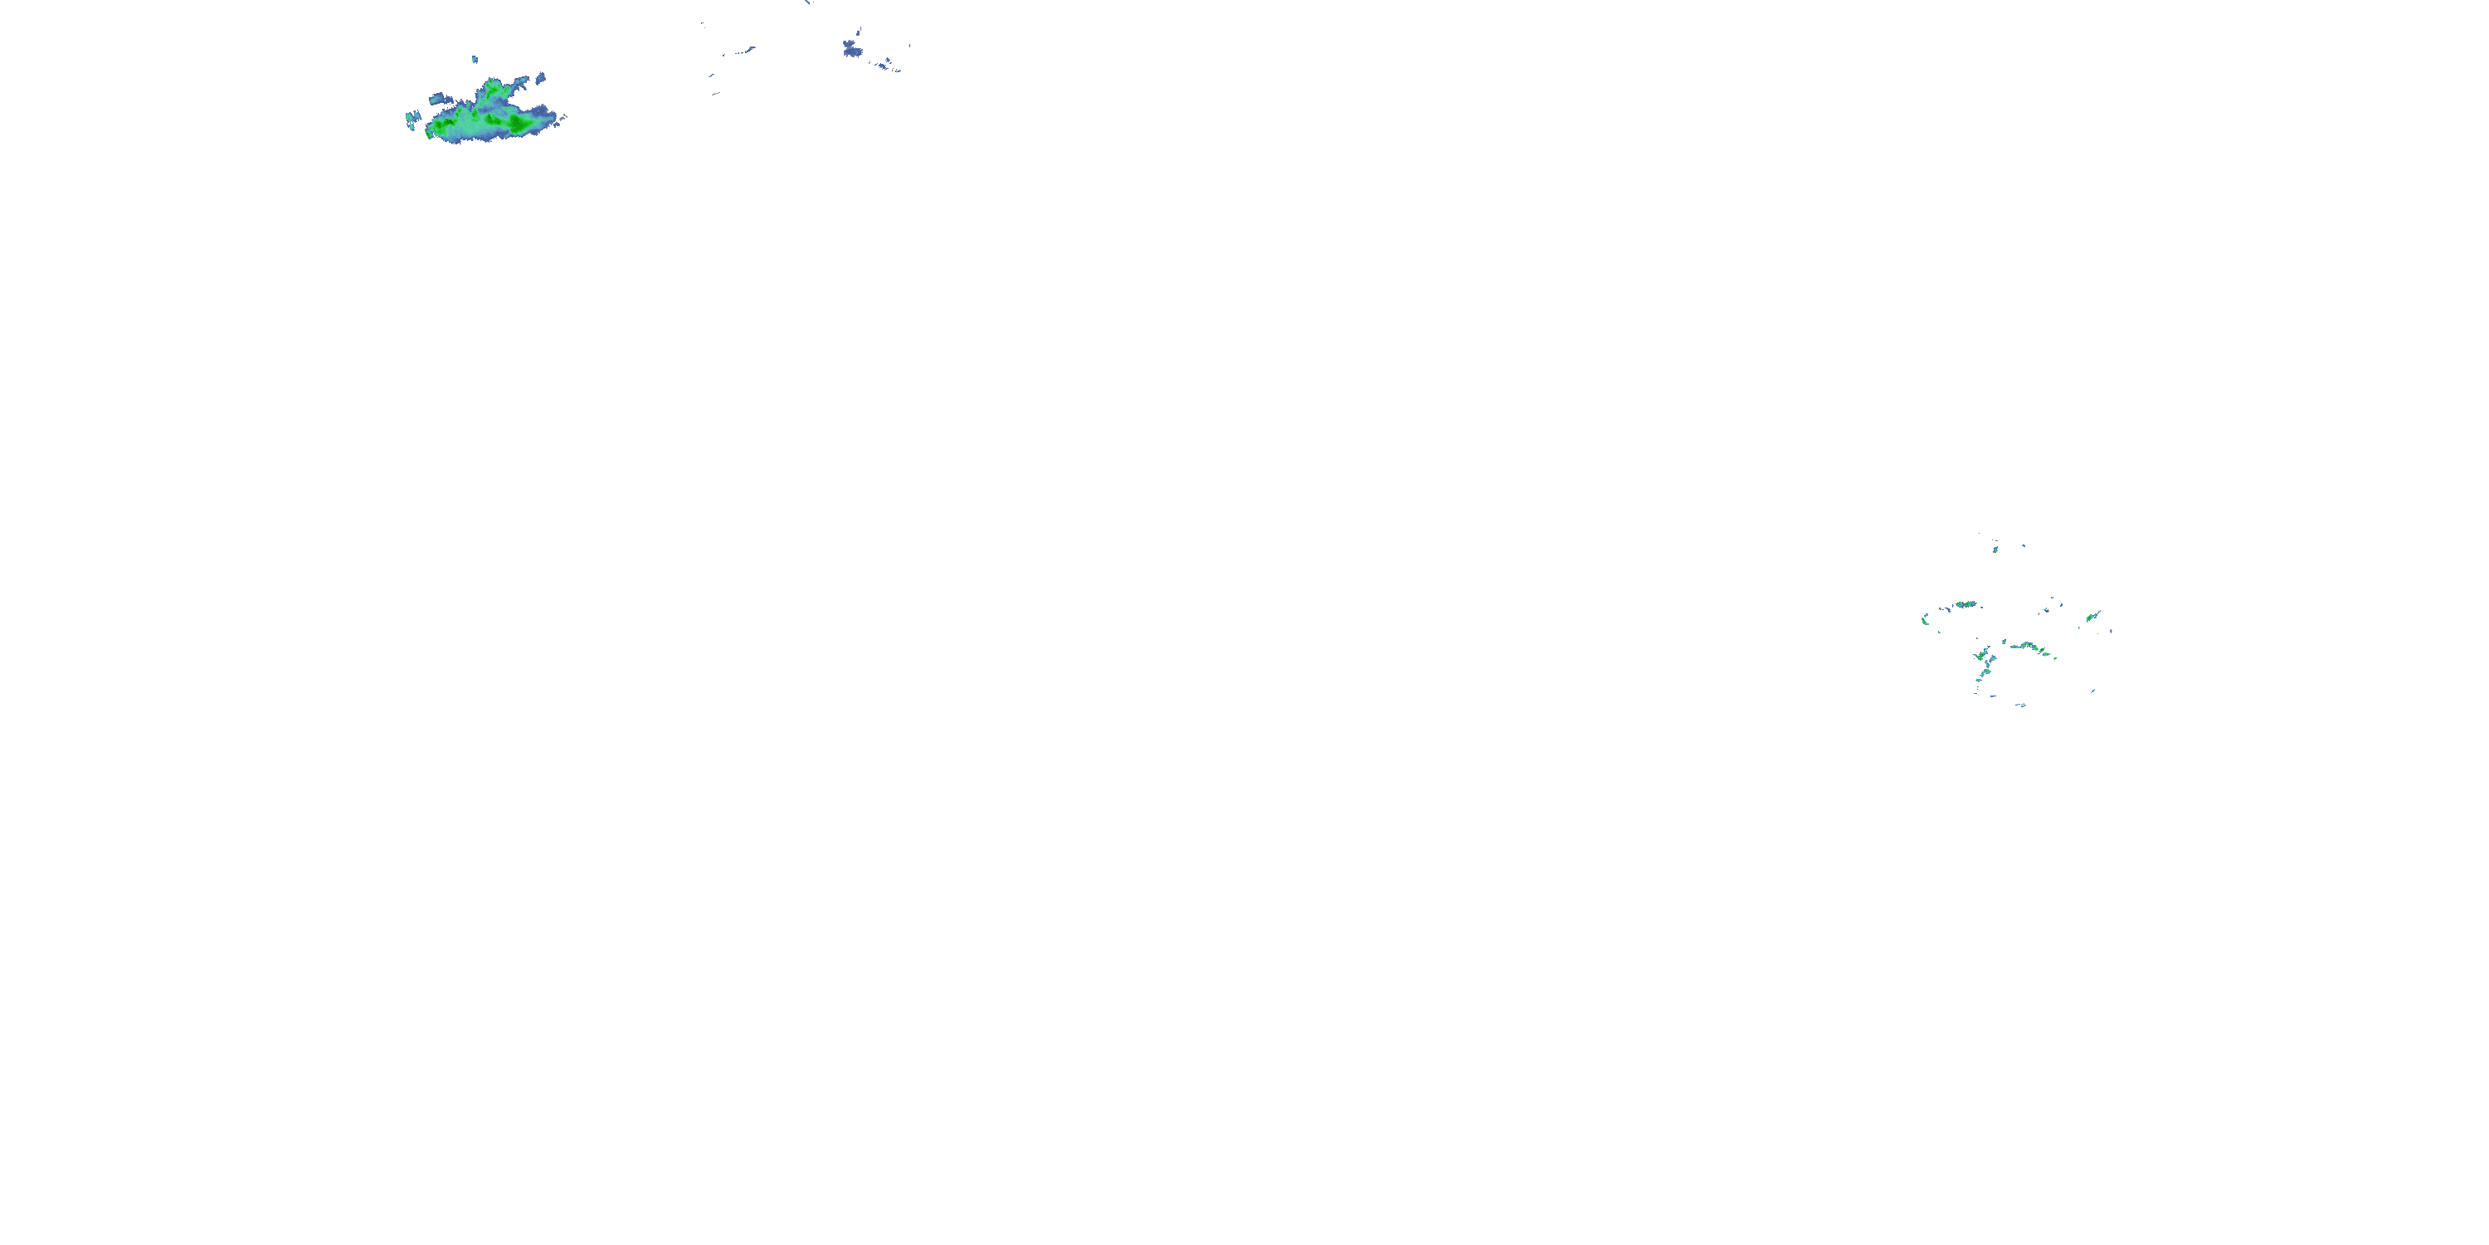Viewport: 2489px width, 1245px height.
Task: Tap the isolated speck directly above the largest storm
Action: pos(475,59)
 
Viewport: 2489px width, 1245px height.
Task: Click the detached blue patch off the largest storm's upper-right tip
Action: pos(540,76)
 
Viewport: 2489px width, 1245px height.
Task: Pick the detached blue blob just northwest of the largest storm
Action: pos(436,98)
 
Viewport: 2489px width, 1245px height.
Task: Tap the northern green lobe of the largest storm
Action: pos(492,90)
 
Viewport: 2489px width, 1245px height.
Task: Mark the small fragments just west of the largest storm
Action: pos(412,119)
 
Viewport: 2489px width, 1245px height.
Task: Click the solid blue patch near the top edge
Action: pos(851,47)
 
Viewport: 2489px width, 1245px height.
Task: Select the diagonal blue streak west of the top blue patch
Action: pos(744,51)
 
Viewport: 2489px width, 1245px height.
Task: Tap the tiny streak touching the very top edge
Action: pos(808,2)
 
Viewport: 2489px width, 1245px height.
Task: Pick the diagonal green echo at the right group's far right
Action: pos(2092,616)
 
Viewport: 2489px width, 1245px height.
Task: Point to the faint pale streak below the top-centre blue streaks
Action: pos(716,94)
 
